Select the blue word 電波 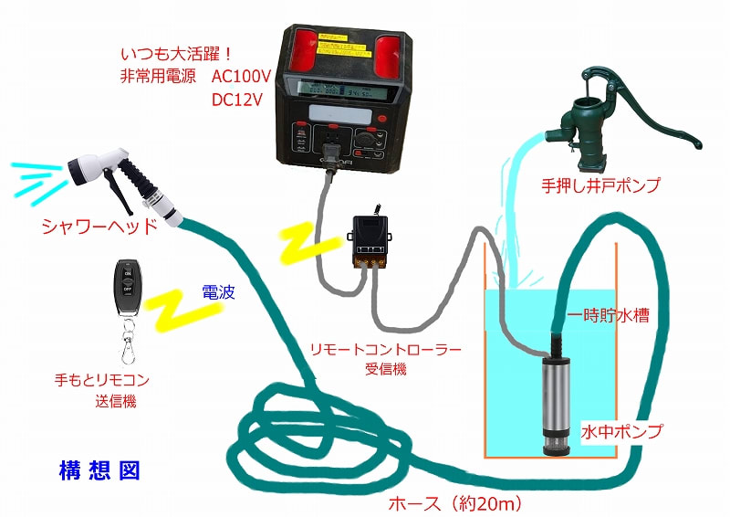pyautogui.click(x=218, y=293)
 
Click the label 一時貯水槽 pyautogui.click(x=609, y=317)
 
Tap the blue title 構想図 pyautogui.click(x=98, y=471)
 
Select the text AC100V pyautogui.click(x=236, y=78)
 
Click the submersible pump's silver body pyautogui.click(x=555, y=393)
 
